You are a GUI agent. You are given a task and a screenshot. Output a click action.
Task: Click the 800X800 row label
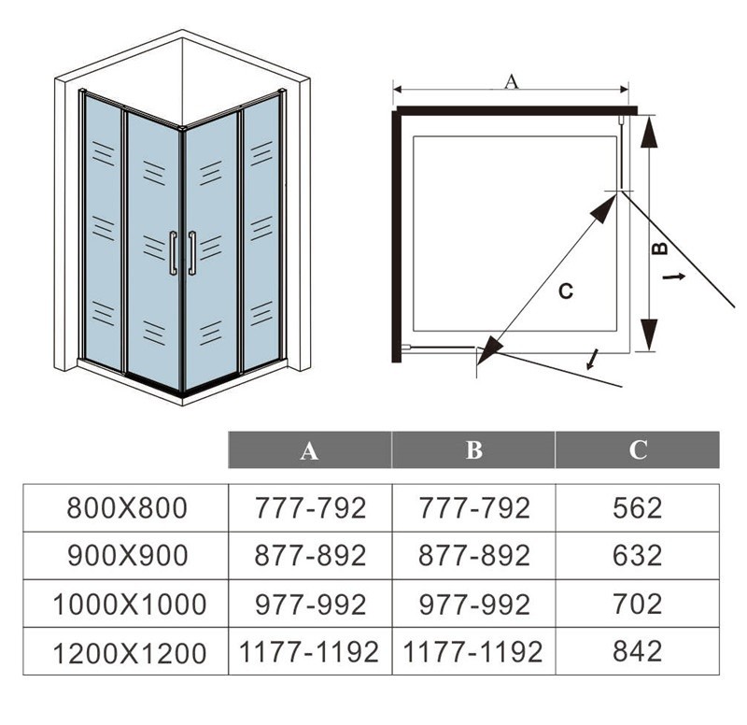tap(127, 507)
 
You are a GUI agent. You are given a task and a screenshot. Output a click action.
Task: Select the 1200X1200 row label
tap(130, 652)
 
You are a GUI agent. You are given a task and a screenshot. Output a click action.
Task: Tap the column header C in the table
tap(638, 450)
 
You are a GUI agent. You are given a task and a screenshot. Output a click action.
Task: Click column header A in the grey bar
tap(310, 450)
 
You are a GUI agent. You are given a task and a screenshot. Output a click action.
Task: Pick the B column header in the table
tap(474, 450)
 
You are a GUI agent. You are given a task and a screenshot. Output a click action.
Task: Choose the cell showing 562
tap(638, 507)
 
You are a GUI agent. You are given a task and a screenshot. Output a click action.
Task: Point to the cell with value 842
tap(638, 651)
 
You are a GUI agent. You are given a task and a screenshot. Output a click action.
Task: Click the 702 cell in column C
tap(638, 604)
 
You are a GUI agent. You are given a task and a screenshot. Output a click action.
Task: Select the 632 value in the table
tap(638, 556)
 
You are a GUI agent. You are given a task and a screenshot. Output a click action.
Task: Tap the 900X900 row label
tap(128, 556)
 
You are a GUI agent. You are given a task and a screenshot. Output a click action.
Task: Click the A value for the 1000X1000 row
tap(311, 604)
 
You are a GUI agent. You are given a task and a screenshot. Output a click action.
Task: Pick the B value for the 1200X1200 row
tap(472, 651)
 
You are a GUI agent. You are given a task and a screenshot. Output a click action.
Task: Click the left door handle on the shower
tap(173, 253)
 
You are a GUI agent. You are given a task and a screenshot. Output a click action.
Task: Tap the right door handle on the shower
tap(192, 253)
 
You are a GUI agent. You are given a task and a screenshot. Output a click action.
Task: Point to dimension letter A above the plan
tap(511, 81)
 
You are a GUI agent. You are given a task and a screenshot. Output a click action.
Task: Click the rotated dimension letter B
tap(660, 248)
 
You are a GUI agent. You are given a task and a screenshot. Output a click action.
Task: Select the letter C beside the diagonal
tap(566, 291)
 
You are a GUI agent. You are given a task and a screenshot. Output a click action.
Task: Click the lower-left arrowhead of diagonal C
tap(489, 351)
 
